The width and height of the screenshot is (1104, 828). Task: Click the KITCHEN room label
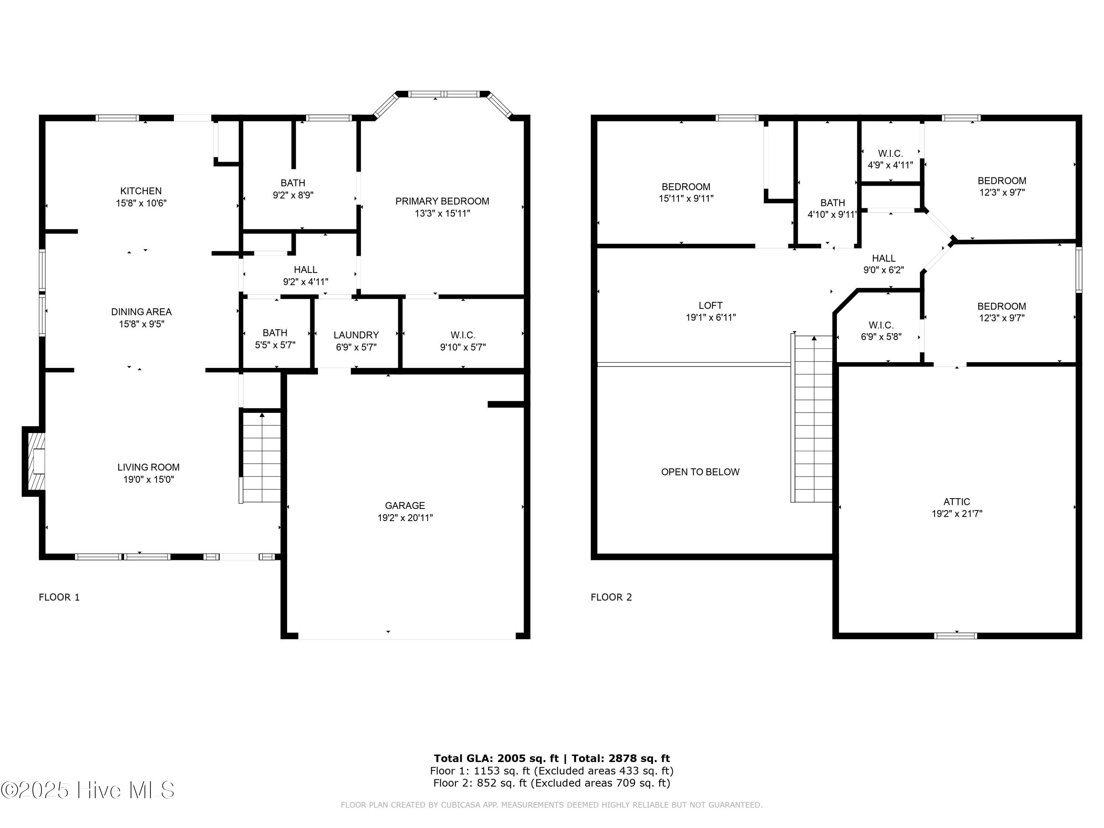tap(141, 191)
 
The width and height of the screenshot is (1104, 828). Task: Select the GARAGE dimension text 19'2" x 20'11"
tap(405, 517)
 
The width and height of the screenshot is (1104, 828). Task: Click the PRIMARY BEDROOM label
tap(442, 201)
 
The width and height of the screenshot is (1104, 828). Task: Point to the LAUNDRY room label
tap(356, 335)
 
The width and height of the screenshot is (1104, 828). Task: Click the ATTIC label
tap(956, 502)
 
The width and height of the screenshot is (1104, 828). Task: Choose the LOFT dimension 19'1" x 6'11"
tap(710, 318)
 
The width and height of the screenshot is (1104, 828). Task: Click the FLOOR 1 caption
tap(59, 597)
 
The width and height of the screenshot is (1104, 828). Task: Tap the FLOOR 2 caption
tap(611, 597)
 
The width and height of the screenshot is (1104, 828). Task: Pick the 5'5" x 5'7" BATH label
tap(275, 339)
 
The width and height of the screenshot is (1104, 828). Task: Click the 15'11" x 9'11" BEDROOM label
tap(686, 192)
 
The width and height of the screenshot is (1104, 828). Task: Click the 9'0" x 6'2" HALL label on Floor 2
tap(884, 264)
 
